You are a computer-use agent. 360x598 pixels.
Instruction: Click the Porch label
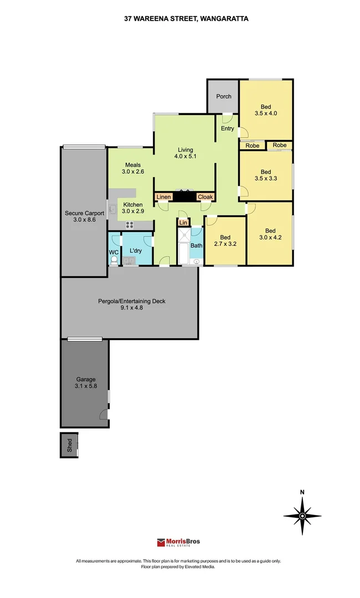pyautogui.click(x=223, y=96)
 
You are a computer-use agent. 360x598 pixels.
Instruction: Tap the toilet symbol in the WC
pyautogui.click(x=114, y=260)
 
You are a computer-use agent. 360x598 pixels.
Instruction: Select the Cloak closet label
pyautogui.click(x=205, y=197)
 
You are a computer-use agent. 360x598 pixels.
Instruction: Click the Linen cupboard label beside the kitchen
pyautogui.click(x=163, y=197)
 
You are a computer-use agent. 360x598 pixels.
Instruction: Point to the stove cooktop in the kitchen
pyautogui.click(x=130, y=225)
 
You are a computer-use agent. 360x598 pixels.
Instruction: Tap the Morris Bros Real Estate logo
pyautogui.click(x=178, y=542)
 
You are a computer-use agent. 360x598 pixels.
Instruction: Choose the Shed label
pyautogui.click(x=69, y=445)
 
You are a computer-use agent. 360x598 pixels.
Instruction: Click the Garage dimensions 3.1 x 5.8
pyautogui.click(x=86, y=386)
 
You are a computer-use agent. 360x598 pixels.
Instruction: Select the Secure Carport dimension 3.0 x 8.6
pyautogui.click(x=84, y=220)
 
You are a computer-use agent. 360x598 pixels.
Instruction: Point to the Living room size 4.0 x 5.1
pyautogui.click(x=186, y=156)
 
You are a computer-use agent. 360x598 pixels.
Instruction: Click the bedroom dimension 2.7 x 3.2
pyautogui.click(x=225, y=244)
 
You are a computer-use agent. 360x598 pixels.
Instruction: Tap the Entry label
pyautogui.click(x=227, y=128)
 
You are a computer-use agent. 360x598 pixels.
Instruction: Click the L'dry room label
pyautogui.click(x=136, y=251)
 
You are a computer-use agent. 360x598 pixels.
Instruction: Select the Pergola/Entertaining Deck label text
pyautogui.click(x=132, y=301)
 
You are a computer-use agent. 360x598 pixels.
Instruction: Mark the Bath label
pyautogui.click(x=197, y=246)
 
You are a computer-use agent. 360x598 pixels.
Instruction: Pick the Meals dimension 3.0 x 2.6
pyautogui.click(x=133, y=172)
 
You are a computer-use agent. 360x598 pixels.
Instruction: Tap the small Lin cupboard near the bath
pyautogui.click(x=183, y=223)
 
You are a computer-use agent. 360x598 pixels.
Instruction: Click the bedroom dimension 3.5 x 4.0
pyautogui.click(x=266, y=114)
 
